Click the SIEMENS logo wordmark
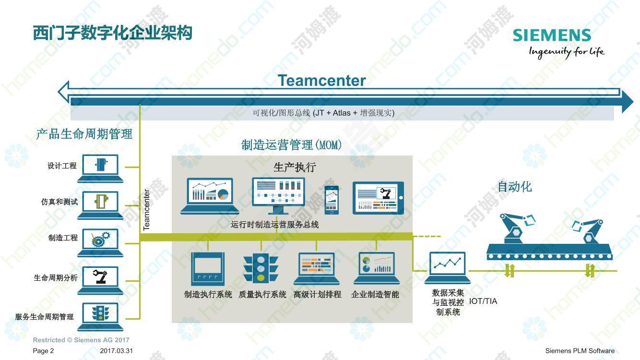[552, 35]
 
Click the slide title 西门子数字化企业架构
[113, 33]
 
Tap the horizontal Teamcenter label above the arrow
[322, 80]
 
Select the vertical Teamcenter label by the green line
[146, 210]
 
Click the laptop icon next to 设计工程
[100, 168]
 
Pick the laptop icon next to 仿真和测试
[100, 205]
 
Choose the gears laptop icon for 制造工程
[100, 242]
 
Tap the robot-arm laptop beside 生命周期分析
[100, 280]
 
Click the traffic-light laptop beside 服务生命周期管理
[100, 317]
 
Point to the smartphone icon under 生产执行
[332, 200]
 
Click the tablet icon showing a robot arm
[378, 198]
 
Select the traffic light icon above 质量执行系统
[261, 268]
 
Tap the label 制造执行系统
[208, 295]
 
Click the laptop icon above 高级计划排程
[317, 268]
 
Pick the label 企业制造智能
[375, 295]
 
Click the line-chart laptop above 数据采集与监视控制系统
[448, 268]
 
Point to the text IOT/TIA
[483, 301]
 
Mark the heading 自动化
[515, 187]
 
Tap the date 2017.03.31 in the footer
[116, 351]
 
